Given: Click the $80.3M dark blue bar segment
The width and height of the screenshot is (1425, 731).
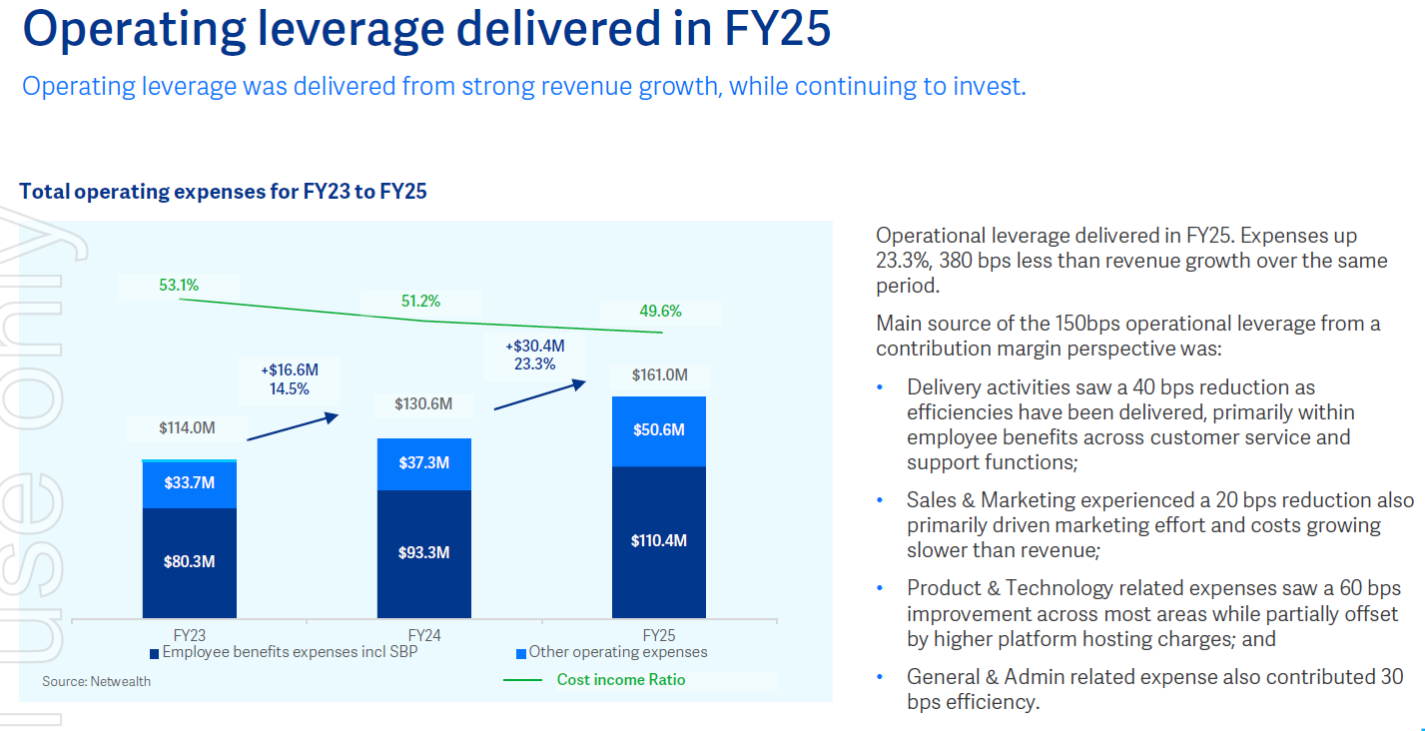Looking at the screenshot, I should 190,562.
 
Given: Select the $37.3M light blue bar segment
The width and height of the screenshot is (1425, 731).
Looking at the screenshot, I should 424,463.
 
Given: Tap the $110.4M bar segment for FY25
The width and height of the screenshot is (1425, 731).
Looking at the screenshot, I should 659,541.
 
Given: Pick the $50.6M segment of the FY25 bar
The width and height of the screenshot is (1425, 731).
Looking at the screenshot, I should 659,430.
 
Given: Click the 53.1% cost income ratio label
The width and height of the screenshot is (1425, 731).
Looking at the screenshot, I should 179,285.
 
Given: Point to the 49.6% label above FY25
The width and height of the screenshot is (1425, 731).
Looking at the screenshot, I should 660,312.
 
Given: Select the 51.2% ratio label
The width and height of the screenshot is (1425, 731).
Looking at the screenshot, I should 420,301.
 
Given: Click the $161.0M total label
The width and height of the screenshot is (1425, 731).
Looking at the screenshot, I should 660,375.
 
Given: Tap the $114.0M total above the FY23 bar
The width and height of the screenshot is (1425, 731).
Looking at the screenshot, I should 187,428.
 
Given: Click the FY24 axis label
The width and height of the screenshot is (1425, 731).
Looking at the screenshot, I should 424,635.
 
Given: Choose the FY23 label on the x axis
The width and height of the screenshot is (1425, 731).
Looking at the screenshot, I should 190,635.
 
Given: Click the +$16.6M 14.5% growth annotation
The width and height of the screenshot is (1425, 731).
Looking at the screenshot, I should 290,379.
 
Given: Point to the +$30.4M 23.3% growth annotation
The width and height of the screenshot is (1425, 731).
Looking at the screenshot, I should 534,355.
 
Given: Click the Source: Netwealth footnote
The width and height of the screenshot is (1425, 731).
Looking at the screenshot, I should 97,681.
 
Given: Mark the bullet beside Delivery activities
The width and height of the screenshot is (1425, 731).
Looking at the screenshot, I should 880,387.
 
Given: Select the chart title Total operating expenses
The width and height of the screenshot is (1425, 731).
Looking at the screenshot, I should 223,191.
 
